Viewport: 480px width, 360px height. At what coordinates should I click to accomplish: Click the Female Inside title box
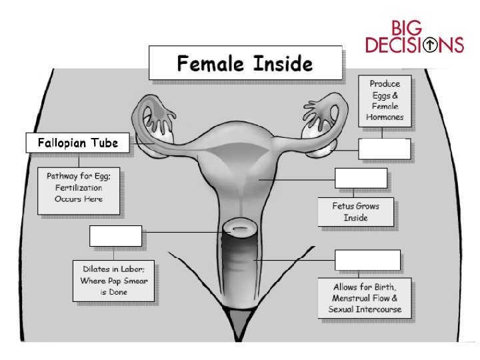click(244, 63)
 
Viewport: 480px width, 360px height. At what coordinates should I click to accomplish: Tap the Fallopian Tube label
click(77, 143)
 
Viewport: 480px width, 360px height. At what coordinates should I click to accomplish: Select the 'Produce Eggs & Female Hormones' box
click(385, 102)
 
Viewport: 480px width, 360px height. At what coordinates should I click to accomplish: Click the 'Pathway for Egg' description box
click(79, 190)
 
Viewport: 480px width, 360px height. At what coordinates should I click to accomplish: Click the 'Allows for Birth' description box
click(369, 297)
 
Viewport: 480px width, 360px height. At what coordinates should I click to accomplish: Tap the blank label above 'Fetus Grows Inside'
click(360, 179)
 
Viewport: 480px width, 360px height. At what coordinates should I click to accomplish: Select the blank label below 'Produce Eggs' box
click(384, 149)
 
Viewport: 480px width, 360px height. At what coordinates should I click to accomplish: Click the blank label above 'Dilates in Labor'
click(115, 236)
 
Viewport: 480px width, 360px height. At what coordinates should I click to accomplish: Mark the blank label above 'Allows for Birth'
click(367, 260)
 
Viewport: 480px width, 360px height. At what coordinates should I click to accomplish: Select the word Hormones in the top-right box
click(385, 117)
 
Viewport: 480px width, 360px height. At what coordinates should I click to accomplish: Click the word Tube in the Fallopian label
click(105, 143)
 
